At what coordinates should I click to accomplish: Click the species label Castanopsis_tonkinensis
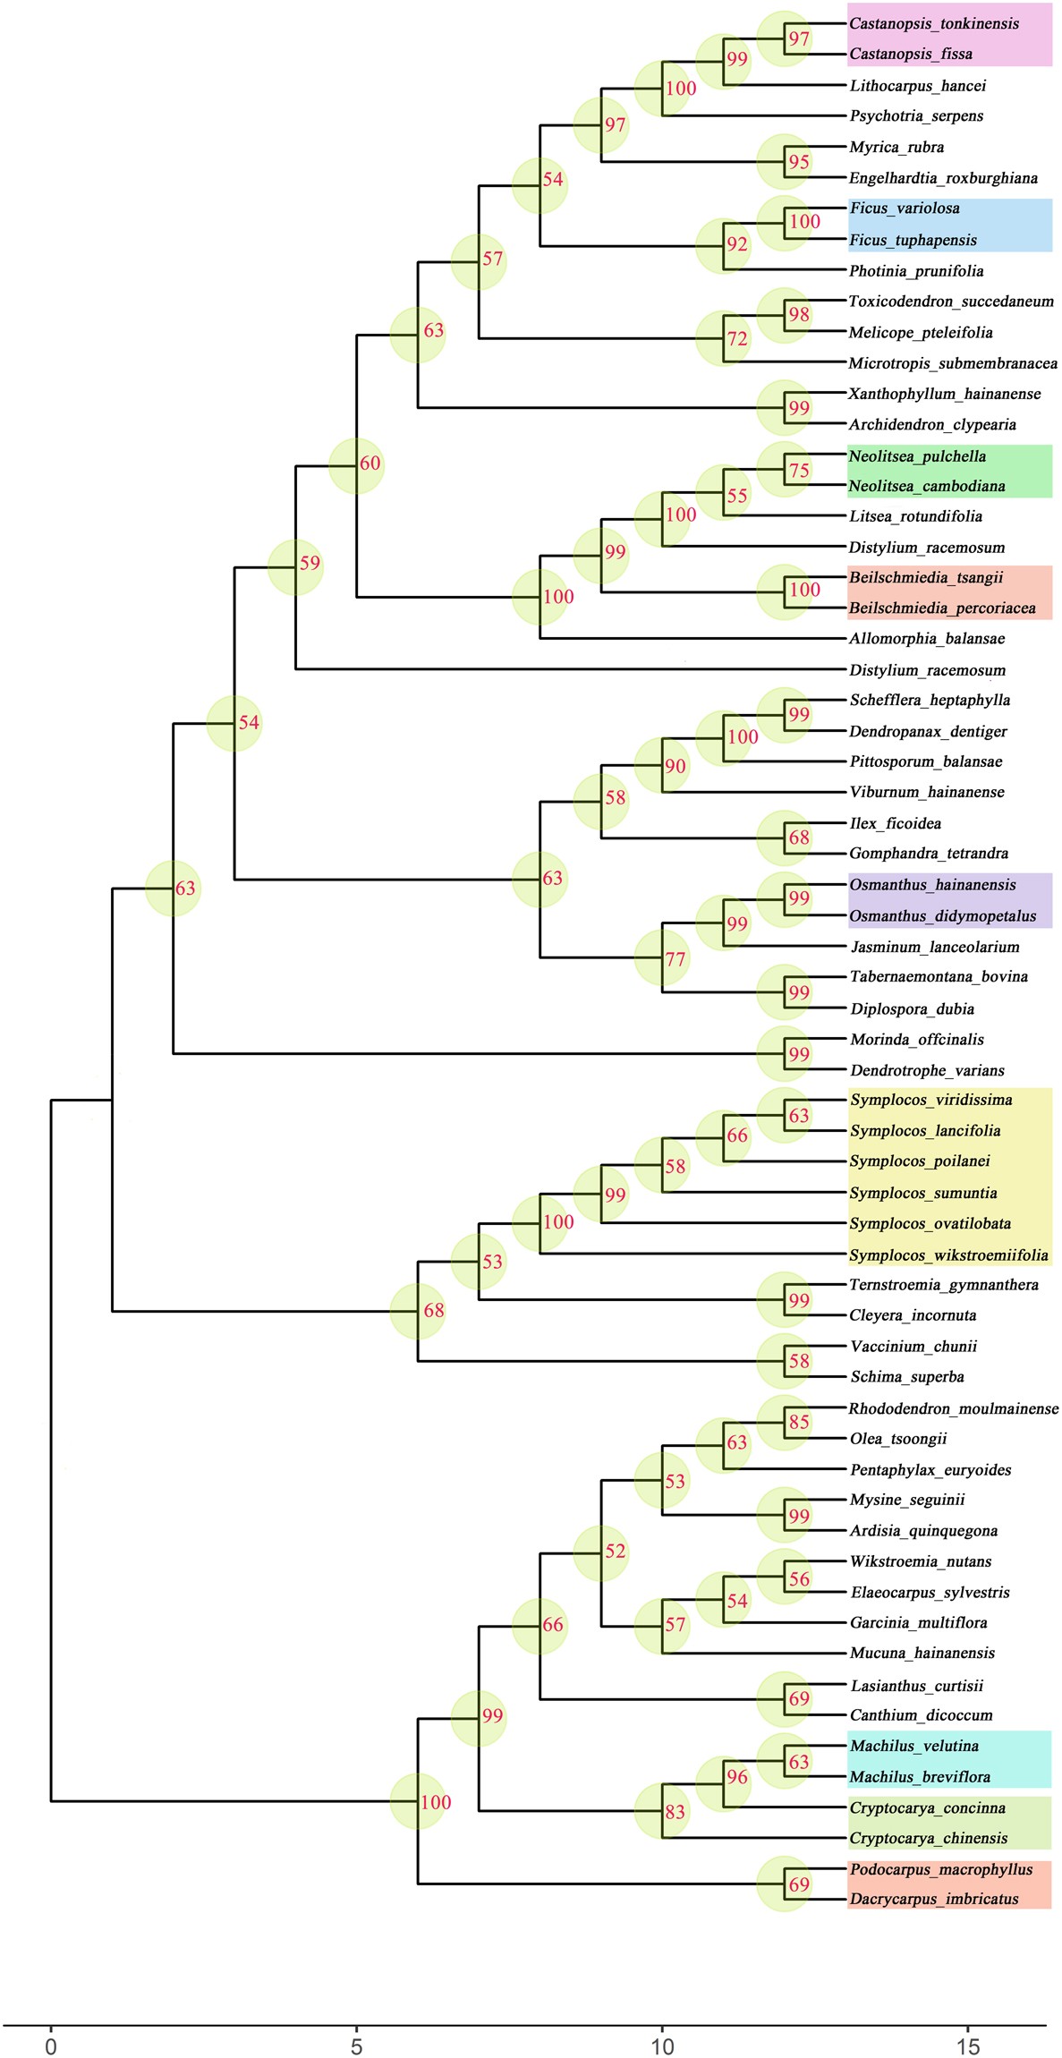tap(934, 24)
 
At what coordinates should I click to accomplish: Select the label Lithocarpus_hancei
tap(918, 86)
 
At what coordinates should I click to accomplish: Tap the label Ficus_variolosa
tap(905, 208)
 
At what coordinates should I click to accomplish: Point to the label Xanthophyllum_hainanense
tap(945, 394)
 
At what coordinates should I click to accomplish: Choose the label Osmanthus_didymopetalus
tap(943, 916)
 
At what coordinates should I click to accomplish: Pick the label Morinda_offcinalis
tap(917, 1040)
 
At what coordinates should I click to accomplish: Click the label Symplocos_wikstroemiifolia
tap(948, 1255)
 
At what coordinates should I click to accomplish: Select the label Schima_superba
tap(907, 1377)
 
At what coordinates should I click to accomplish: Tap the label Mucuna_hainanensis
tap(922, 1654)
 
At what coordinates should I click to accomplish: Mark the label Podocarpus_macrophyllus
tap(941, 1870)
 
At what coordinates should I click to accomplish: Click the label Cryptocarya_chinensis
tap(929, 1839)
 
